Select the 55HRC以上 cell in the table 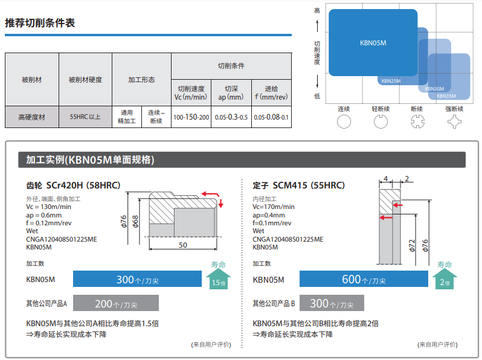[x=85, y=117]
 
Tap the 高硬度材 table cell [x=31, y=117]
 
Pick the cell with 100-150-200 [x=191, y=117]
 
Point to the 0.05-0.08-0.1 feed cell [x=271, y=117]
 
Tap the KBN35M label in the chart [x=446, y=95]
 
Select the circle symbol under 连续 [x=344, y=122]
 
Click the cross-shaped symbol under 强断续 [x=454, y=122]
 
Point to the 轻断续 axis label [x=381, y=109]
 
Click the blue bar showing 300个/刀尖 [x=137, y=279]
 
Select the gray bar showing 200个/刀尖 [x=116, y=303]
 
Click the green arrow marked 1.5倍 [x=217, y=276]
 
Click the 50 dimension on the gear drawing [x=182, y=245]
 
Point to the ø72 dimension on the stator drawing [x=411, y=245]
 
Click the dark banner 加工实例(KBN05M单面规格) [x=90, y=160]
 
